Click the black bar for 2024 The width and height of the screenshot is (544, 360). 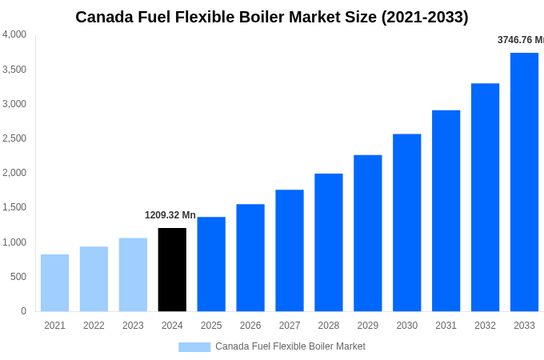[172, 270]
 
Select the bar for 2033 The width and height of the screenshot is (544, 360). [524, 182]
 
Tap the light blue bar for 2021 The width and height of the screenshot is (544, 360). [54, 283]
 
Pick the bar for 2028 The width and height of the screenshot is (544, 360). [328, 242]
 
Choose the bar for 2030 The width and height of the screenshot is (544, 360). [406, 222]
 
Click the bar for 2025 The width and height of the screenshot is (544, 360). [211, 264]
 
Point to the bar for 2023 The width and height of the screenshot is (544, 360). [133, 274]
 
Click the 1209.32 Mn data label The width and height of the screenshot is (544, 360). [170, 215]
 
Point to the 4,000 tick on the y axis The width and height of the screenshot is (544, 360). [14, 34]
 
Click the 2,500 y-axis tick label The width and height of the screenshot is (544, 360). [14, 138]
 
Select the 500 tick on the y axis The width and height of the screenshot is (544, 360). [18, 277]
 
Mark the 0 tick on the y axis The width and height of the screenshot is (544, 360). [23, 311]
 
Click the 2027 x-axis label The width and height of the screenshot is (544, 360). [290, 326]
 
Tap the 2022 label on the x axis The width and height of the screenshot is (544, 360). [94, 326]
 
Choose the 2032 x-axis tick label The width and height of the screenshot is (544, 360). [485, 326]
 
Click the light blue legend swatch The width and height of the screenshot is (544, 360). [194, 347]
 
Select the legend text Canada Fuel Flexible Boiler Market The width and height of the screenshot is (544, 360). [290, 346]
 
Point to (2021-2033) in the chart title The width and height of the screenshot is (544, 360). [423, 17]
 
